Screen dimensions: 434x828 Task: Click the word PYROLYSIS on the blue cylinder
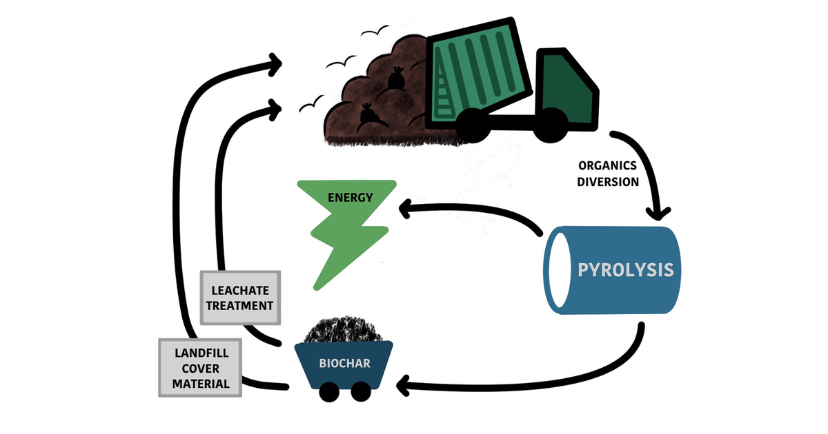click(x=624, y=269)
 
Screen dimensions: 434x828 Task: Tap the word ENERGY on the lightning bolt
click(x=350, y=198)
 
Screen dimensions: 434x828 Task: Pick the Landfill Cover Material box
click(x=201, y=367)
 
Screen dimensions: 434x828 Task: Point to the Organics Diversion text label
click(x=608, y=174)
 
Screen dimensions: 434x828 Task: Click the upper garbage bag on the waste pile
click(x=395, y=78)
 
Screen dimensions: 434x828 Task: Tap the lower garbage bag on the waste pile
click(x=367, y=115)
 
